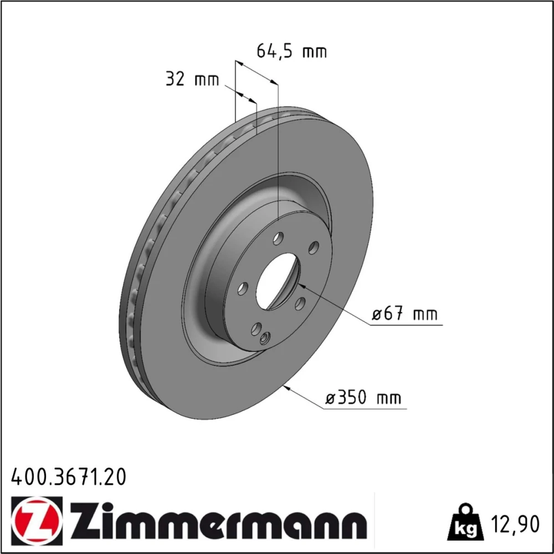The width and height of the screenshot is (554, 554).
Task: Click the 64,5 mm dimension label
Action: tap(291, 52)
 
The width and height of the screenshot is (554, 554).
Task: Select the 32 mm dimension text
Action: tap(192, 79)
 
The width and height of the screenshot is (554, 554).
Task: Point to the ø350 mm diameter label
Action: tap(363, 398)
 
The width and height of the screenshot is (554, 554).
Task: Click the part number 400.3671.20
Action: tap(69, 478)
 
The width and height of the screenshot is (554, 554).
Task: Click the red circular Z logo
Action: tap(37, 519)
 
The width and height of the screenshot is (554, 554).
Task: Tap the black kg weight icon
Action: tap(465, 522)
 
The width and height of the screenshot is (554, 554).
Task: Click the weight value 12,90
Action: tap(515, 524)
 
